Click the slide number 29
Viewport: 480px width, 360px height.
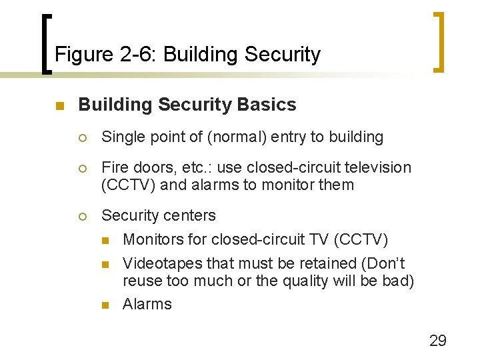click(437, 341)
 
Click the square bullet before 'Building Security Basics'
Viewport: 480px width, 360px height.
click(59, 106)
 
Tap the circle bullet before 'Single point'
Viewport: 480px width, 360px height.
click(83, 138)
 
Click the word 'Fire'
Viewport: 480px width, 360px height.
click(113, 167)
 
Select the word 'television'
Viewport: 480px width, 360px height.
click(376, 167)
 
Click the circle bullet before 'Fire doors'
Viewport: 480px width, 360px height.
click(83, 168)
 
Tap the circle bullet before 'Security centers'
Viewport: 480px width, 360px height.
click(83, 216)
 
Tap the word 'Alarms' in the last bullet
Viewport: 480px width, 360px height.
click(147, 304)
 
